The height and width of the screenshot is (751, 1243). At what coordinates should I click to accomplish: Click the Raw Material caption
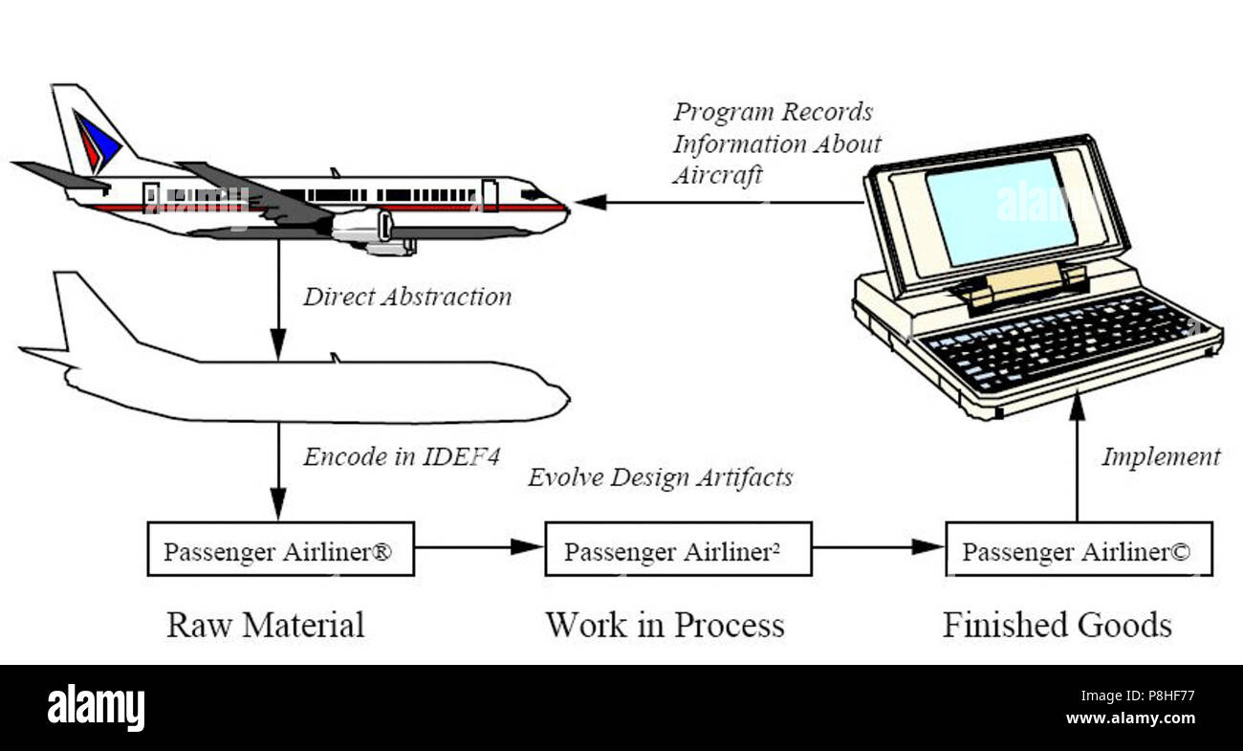(266, 625)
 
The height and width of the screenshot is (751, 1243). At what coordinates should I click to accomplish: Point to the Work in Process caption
(665, 625)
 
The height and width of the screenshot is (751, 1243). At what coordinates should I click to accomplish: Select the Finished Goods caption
(1057, 625)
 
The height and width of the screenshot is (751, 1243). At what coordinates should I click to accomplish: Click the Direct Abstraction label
(407, 297)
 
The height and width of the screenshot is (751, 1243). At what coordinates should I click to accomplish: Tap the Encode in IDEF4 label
(401, 456)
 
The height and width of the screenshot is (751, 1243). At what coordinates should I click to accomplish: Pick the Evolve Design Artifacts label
(660, 476)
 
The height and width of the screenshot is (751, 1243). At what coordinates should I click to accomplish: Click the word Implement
(1161, 457)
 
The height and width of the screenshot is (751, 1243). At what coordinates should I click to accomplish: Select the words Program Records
(773, 112)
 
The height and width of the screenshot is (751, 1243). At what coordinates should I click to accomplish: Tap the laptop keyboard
(1061, 339)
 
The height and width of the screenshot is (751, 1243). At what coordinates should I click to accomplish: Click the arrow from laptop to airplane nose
(717, 203)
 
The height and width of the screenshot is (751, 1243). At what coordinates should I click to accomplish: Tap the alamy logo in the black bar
(96, 708)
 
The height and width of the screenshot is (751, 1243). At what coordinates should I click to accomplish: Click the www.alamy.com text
(1129, 718)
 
